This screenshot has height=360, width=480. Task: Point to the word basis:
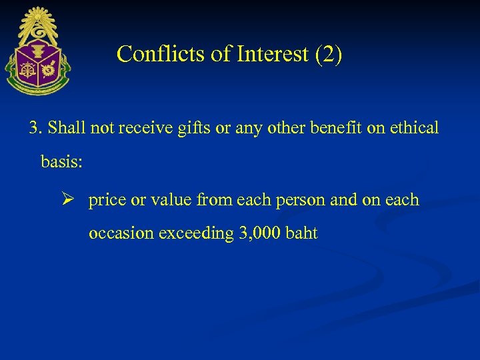click(62, 162)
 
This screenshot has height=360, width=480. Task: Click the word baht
click(301, 234)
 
